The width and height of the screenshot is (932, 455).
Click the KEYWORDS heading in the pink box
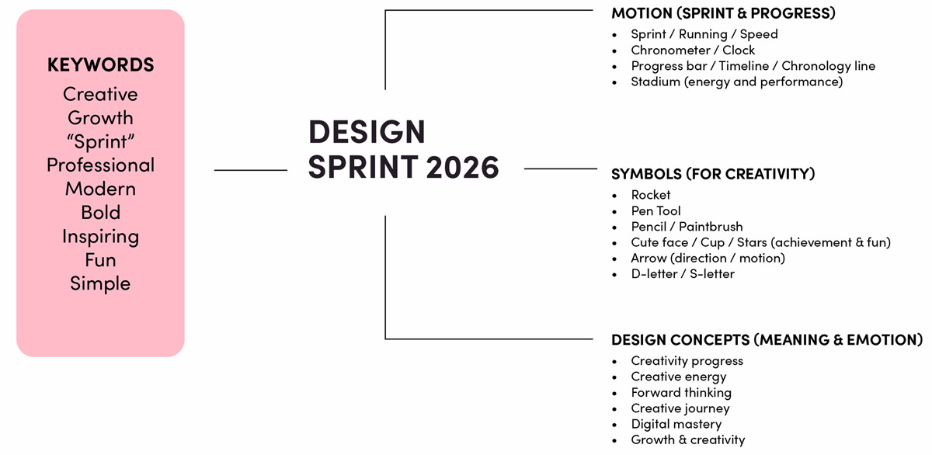100,65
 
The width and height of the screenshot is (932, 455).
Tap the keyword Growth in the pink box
100,118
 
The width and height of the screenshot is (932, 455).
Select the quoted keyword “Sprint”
100,141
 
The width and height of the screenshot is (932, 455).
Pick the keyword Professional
100,165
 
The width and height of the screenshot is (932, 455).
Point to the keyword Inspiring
100,237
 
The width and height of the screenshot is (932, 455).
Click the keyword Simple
100,283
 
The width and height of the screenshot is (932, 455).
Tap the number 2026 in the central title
462,167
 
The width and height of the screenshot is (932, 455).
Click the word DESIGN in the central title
367,132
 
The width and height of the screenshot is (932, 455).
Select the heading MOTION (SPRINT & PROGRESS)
723,13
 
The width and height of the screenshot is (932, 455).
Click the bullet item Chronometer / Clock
693,50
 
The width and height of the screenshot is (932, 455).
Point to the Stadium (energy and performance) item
737,82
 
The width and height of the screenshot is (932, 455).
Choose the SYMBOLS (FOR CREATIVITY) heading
713,174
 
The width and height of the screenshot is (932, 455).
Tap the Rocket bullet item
651,195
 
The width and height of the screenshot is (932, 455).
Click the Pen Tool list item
656,211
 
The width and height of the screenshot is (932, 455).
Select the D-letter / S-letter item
683,274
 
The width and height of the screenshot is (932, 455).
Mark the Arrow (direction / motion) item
708,259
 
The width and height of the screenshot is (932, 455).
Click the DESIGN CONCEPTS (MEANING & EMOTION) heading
767,340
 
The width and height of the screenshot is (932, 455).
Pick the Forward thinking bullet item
681,393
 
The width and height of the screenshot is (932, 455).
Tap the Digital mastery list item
676,424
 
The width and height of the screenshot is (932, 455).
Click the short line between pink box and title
250,170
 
